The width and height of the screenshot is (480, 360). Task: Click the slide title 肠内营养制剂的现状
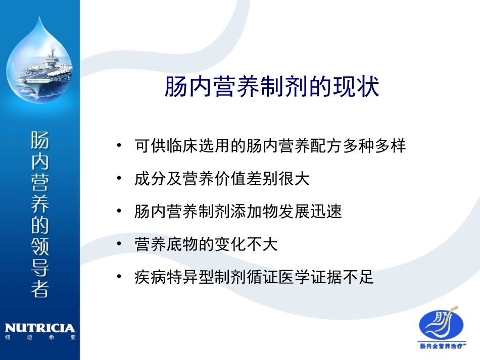click(271, 87)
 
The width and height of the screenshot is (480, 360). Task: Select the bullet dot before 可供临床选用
click(119, 146)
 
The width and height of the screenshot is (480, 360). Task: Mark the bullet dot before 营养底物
click(119, 244)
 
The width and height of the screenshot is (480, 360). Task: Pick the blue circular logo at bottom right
click(443, 325)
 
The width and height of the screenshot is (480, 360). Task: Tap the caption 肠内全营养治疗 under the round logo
click(443, 346)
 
